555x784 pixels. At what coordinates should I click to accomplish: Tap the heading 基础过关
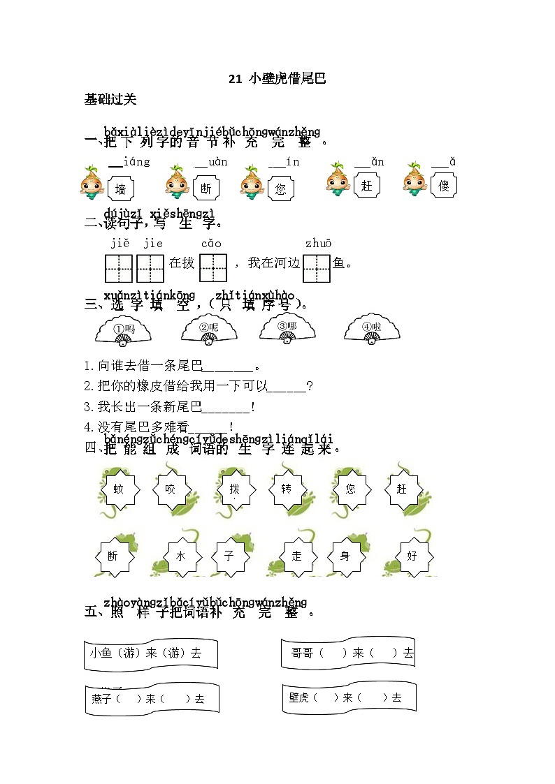[x=110, y=99]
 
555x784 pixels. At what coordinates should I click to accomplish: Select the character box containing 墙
[x=121, y=188]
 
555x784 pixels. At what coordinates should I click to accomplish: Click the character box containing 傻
[x=443, y=186]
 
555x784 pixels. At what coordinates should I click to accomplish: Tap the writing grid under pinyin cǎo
[x=213, y=267]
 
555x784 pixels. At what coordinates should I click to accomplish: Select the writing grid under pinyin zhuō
[x=317, y=267]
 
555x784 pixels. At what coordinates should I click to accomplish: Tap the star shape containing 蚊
[x=119, y=489]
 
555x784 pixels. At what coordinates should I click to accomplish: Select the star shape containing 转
[x=287, y=489]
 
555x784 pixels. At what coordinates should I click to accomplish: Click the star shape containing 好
[x=411, y=556]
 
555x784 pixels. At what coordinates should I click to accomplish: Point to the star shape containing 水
[x=180, y=556]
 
